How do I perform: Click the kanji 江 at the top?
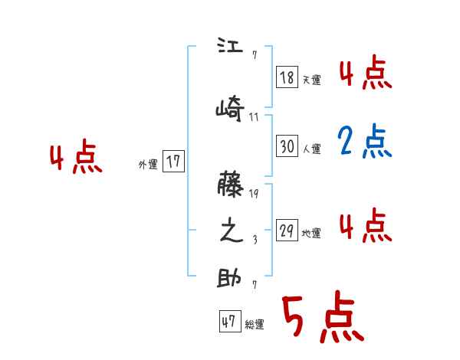pos(229,46)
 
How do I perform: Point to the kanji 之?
pos(230,232)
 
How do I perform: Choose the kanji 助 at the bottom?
pos(229,279)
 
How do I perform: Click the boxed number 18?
pos(287,78)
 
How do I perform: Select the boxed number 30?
pos(287,147)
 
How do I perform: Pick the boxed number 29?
pos(287,231)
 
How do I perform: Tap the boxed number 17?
pos(173,162)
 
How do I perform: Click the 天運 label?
pos(312,80)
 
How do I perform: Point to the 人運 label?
pos(312,149)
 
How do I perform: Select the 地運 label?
pos(312,233)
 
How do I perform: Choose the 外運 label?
pos(148,163)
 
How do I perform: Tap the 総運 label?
pos(255,324)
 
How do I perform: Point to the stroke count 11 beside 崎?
pos(254,117)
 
